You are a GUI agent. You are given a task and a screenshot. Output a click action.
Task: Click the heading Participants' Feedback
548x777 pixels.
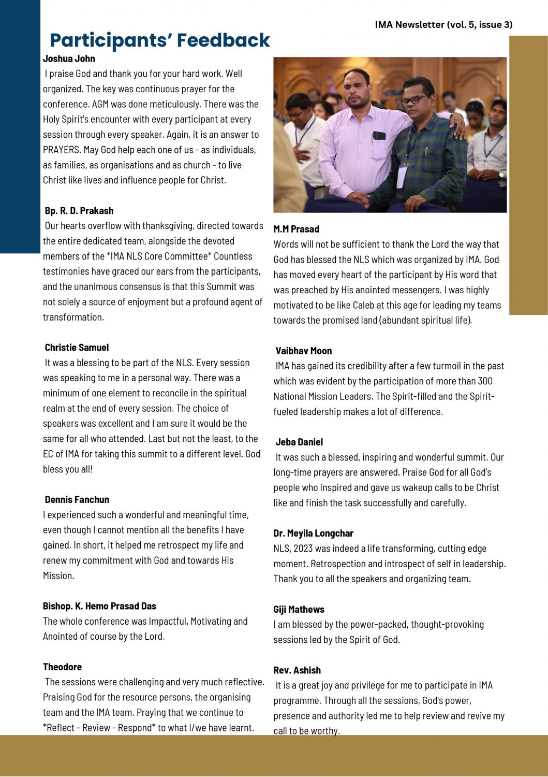point(159,40)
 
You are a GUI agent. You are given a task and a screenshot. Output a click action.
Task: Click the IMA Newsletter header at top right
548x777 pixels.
point(443,24)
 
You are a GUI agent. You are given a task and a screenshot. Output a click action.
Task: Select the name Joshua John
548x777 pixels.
point(69,59)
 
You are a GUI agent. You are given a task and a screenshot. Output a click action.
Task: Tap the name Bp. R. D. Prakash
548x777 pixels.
point(79,211)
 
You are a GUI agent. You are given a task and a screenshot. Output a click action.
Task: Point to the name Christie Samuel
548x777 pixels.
point(77,348)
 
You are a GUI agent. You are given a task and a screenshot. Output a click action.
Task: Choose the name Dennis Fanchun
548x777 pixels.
point(77,500)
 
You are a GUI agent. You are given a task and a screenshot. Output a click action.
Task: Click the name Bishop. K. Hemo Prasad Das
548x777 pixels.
point(99,606)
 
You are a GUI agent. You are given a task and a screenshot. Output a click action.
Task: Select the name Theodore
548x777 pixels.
point(62,667)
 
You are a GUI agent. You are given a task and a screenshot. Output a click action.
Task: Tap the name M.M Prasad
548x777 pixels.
point(296,229)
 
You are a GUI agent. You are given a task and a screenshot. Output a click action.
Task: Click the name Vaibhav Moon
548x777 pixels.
point(303,351)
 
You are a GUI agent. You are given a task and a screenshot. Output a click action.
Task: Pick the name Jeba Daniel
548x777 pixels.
point(299,442)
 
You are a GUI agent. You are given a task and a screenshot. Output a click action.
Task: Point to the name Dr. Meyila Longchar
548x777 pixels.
point(313,534)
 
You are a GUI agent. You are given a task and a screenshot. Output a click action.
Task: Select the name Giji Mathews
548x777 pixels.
point(299,610)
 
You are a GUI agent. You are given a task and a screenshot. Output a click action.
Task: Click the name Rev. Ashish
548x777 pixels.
point(297,670)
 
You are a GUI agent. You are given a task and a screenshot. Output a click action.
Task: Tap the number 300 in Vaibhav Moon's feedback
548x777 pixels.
point(485,381)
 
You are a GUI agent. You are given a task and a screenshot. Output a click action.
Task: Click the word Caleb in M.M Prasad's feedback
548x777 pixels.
point(364,305)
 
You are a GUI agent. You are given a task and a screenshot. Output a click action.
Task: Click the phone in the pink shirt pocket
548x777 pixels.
point(379,136)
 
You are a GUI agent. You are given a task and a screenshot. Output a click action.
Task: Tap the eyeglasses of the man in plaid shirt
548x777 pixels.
point(414,99)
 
